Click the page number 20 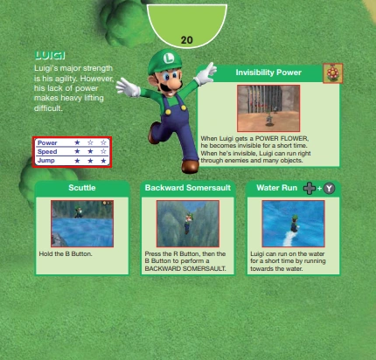tap(186, 40)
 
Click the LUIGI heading tap(50, 55)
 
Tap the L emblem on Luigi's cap tap(168, 58)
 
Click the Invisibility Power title tap(268, 73)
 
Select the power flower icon tap(332, 73)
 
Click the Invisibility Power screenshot tap(268, 108)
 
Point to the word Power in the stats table tap(47, 142)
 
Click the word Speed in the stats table tap(47, 151)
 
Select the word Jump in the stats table tap(46, 161)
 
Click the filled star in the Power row tap(77, 142)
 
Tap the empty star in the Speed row tap(103, 151)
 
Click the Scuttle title tap(82, 188)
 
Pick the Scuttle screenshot tap(82, 224)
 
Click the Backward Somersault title tap(188, 188)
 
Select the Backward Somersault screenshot tap(188, 224)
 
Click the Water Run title tap(276, 188)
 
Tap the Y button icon tap(329, 188)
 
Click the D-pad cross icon tap(310, 188)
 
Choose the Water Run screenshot tap(293, 224)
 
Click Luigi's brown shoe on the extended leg tap(190, 167)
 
